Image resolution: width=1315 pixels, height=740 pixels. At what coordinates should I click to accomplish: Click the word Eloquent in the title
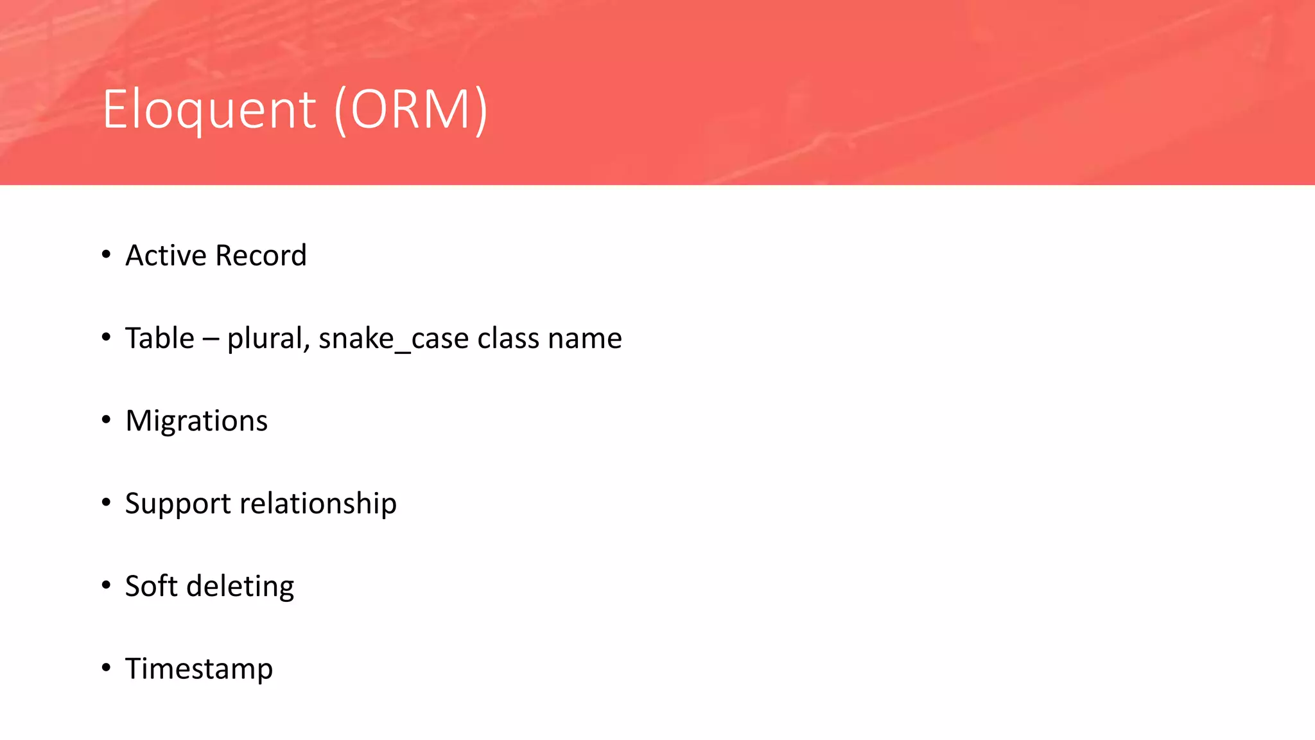209,110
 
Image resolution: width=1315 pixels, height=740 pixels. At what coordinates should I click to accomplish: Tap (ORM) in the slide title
411,110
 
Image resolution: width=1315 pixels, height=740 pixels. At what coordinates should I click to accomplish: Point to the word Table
159,338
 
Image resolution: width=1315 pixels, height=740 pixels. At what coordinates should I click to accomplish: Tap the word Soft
151,586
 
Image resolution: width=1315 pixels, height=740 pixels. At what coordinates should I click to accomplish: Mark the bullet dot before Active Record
106,255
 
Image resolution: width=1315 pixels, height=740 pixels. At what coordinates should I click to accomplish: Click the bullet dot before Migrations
106,420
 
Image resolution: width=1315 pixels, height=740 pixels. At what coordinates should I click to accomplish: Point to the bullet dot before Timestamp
106,668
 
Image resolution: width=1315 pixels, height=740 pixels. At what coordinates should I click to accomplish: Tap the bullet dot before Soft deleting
106,585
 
